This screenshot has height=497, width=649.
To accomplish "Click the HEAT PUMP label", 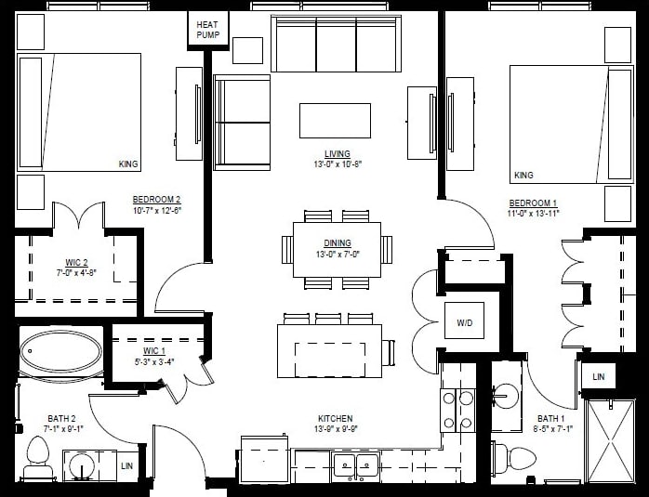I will [x=205, y=30].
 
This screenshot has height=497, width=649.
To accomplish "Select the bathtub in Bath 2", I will [x=61, y=353].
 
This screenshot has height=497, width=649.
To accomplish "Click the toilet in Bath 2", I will [x=38, y=458].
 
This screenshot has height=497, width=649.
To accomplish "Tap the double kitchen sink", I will [x=355, y=465].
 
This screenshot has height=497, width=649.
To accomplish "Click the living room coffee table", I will [x=335, y=121].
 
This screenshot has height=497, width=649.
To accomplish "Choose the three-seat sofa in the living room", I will [x=336, y=44].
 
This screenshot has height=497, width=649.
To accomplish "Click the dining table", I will [x=337, y=250].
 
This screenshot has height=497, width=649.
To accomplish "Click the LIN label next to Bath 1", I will [x=598, y=376].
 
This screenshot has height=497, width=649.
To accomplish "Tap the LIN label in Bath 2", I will [x=126, y=464].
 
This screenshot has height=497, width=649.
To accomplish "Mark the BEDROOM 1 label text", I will [x=533, y=203].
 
